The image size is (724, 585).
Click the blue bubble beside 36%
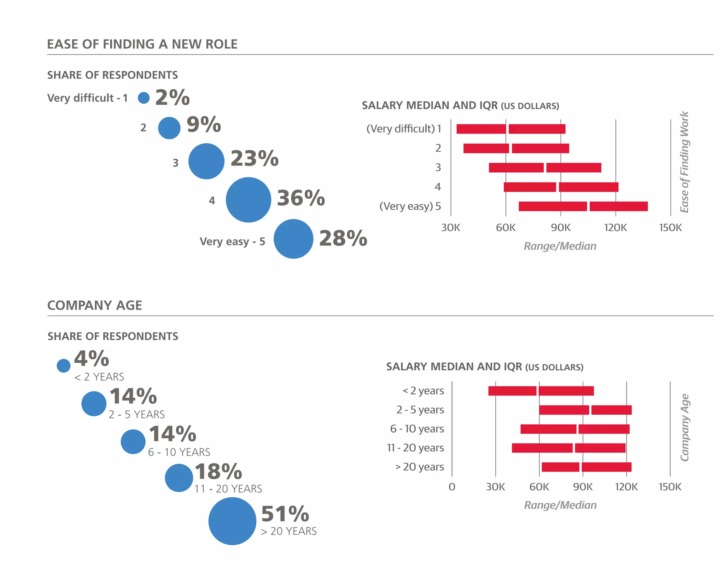click(x=248, y=200)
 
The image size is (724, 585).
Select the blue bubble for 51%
click(x=232, y=521)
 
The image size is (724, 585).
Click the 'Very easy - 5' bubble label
click(x=232, y=241)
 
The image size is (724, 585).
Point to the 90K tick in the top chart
click(x=560, y=228)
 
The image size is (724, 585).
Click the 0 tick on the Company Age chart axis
click(x=452, y=487)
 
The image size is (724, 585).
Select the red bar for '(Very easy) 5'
click(x=583, y=206)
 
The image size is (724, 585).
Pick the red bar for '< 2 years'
click(x=541, y=391)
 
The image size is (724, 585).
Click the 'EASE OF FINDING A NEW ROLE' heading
click(x=142, y=44)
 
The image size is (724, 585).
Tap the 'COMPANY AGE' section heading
click(x=95, y=305)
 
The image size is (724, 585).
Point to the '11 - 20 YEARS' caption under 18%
click(x=228, y=489)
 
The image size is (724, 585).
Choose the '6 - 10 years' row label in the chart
click(x=417, y=429)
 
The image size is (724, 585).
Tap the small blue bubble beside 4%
click(x=64, y=365)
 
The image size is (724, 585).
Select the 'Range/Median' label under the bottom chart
click(x=560, y=505)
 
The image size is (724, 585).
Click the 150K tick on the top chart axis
click(x=670, y=228)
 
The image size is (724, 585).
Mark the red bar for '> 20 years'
click(x=586, y=467)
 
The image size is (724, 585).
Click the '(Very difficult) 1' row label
click(x=404, y=129)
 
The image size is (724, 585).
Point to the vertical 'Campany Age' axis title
click(x=685, y=427)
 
